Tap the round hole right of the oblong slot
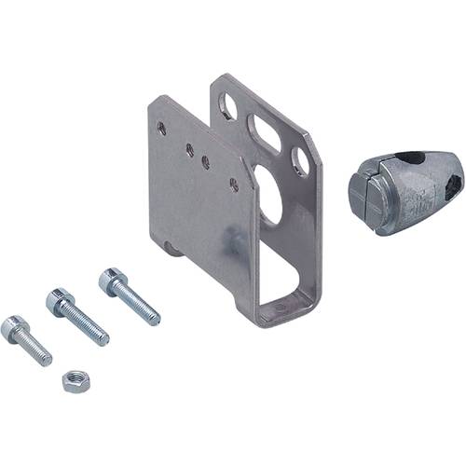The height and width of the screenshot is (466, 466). [300, 161]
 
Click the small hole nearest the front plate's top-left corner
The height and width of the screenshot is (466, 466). [163, 130]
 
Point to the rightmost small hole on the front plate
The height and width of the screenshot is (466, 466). [233, 185]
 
